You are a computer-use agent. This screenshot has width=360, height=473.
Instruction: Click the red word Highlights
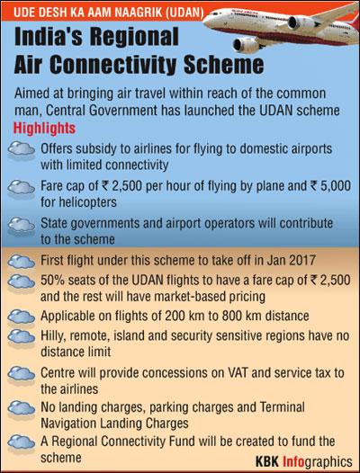coord(44,129)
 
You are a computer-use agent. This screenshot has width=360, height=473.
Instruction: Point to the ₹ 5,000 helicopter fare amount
coord(329,186)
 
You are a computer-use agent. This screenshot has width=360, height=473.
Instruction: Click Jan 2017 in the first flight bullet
coord(291,260)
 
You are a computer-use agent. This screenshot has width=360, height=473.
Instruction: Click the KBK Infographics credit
coord(304,462)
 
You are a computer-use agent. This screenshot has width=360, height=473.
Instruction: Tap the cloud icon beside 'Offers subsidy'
coord(21,150)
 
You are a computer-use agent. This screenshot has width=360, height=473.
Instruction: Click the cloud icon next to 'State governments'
coord(21,226)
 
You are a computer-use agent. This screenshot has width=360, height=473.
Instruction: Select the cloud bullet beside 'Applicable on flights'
coord(21,317)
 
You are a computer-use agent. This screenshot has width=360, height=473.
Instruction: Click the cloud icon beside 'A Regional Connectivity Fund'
coord(21,442)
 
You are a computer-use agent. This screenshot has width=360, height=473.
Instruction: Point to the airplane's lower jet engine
coord(246,45)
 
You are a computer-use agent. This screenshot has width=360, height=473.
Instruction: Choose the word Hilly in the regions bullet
coord(52,336)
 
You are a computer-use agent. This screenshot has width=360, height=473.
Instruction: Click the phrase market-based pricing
coord(210,297)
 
